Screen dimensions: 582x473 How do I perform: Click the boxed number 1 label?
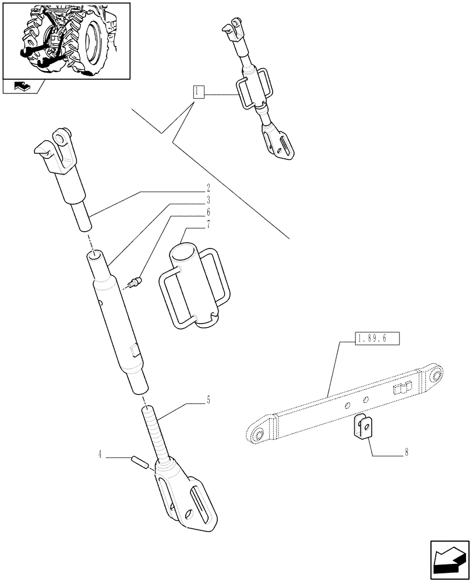click(x=199, y=91)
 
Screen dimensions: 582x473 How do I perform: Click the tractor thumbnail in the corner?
click(x=65, y=40)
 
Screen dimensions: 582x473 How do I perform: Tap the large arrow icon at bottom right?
click(x=449, y=560)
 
